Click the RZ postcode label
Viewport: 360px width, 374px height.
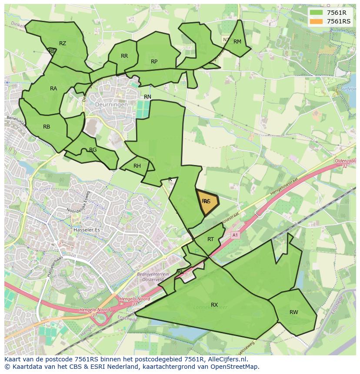point(63,43)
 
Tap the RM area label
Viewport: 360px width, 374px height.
point(237,42)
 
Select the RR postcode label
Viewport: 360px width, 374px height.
point(124,56)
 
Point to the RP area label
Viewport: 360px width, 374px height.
point(154,62)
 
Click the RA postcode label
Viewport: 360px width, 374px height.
point(53,89)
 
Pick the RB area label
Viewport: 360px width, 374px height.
point(47,127)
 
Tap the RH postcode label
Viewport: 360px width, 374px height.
point(137,166)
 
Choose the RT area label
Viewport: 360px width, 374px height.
point(210,239)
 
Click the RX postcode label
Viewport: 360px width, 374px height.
point(214,305)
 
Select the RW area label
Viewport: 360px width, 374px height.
point(294,312)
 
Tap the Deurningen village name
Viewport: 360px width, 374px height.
point(112,105)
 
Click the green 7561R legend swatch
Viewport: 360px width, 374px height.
point(316,13)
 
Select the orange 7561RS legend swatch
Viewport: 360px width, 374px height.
point(316,21)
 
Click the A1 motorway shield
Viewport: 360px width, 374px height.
point(235,235)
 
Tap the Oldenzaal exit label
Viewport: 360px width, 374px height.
point(345,161)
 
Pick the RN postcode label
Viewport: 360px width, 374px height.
point(148,97)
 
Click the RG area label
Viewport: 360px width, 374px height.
point(93,150)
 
